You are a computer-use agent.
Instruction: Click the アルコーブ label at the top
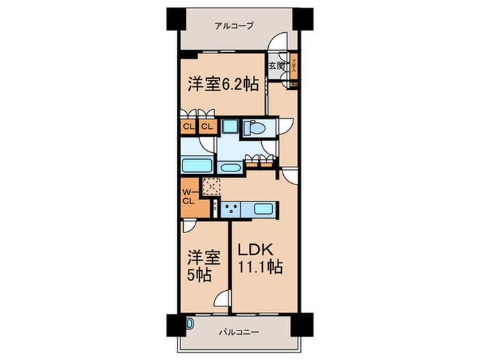pos(234,26)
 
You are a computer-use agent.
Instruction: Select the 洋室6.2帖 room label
pos(223,84)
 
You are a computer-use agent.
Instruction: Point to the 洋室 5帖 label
pos(199,267)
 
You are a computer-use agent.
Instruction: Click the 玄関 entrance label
pos(276,66)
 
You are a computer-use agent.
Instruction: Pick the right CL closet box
pos(207,126)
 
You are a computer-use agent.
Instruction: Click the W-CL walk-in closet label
pos(189,196)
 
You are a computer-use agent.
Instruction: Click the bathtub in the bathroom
pos(198,165)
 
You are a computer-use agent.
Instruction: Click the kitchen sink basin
pos(264,208)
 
